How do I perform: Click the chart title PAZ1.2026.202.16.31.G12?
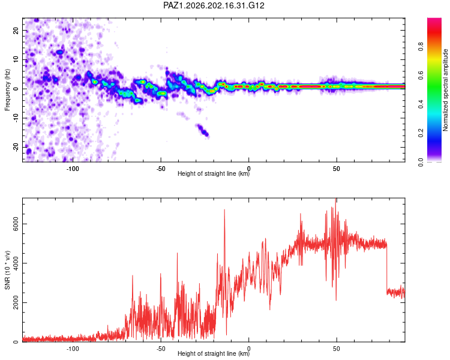214,5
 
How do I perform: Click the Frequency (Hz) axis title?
7,90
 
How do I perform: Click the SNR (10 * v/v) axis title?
7,270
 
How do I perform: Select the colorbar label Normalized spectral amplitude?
445,90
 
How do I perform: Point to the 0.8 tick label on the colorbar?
421,46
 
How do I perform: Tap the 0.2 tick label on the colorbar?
421,133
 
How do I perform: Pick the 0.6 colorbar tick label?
421,75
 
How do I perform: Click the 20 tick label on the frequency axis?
16,31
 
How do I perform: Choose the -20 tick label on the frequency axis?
16,147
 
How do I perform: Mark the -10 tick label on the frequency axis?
16,118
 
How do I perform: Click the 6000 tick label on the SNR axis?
16,224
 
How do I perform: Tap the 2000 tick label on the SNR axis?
16,302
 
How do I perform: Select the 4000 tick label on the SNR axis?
16,263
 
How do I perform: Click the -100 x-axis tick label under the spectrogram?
73,169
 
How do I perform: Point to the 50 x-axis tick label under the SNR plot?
337,349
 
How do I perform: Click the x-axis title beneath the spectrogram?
214,173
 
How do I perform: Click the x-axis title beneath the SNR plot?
214,353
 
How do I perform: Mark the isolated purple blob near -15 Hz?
202,130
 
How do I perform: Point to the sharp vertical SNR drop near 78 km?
386,267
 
